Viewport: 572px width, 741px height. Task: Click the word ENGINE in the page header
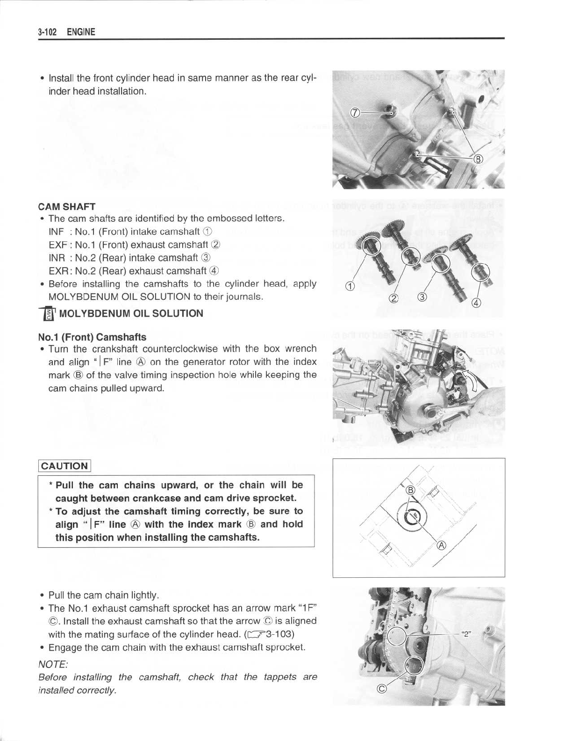point(81,32)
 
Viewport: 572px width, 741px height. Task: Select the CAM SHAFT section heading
point(67,206)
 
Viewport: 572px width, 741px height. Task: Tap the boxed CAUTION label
point(64,466)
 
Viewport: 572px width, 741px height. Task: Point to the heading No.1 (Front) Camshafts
point(92,337)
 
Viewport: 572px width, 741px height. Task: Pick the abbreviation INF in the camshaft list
point(56,232)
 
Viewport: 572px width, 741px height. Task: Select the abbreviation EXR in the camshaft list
point(57,270)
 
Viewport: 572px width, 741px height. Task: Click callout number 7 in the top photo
point(355,112)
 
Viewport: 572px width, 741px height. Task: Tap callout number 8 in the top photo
point(478,158)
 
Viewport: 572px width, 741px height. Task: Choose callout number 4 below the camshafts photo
point(477,303)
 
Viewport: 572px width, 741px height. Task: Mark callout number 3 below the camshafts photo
point(422,297)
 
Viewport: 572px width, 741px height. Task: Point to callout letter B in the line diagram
point(411,490)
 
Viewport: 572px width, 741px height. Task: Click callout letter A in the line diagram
point(441,545)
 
